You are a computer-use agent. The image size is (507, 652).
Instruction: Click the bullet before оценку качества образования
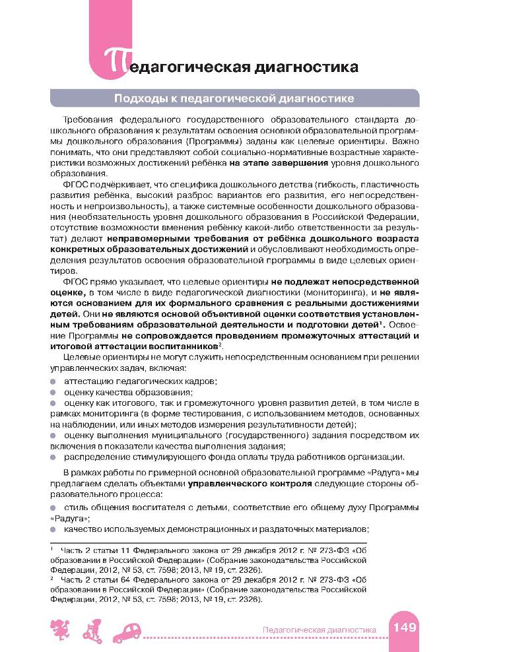pos(53,393)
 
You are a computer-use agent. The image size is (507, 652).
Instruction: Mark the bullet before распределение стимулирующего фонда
pos(53,457)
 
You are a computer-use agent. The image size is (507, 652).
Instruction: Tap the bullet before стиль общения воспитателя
pos(53,507)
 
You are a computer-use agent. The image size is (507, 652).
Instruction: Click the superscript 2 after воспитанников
pos(220,344)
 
